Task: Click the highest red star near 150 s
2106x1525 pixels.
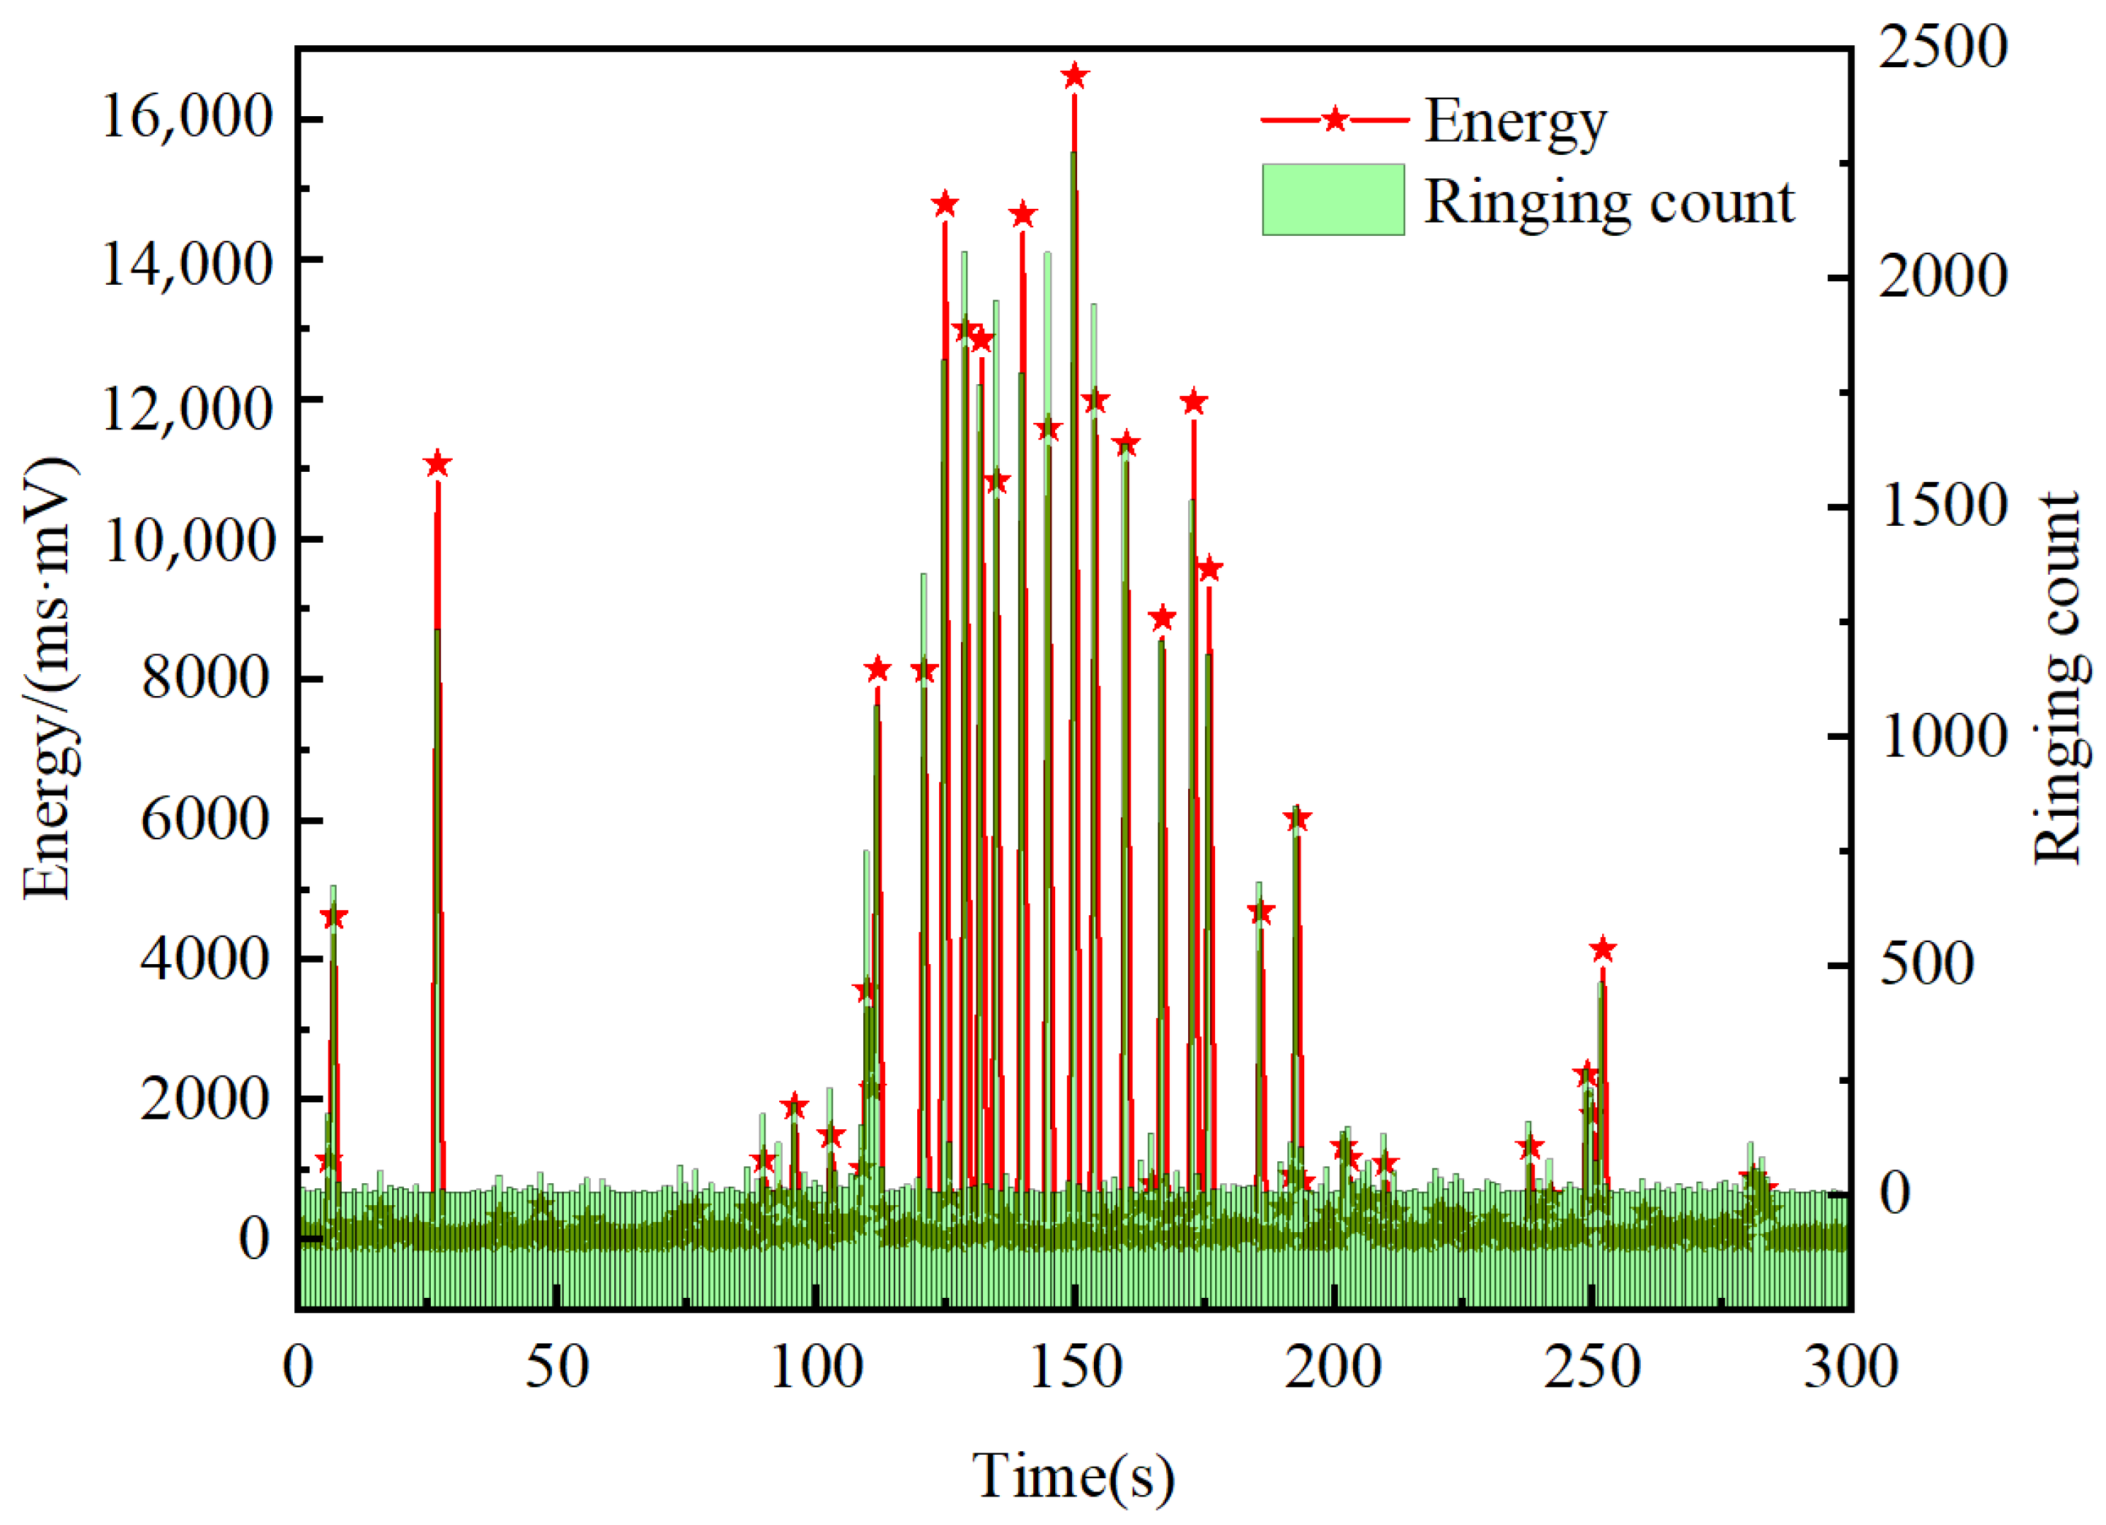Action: tap(1074, 76)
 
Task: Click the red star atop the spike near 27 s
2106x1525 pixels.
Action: tap(437, 465)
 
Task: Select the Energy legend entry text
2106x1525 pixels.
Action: tap(1515, 123)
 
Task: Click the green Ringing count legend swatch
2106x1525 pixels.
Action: tap(1333, 199)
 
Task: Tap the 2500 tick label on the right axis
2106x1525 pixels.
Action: tap(1942, 47)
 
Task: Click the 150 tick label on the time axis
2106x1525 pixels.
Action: tap(1076, 1368)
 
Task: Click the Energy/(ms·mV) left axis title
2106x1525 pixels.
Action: tap(48, 678)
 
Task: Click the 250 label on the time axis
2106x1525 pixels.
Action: tap(1592, 1368)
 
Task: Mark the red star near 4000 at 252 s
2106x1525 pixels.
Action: tap(1602, 949)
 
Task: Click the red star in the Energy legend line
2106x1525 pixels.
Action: tap(1334, 120)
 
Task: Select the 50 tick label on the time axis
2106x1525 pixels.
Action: tap(556, 1368)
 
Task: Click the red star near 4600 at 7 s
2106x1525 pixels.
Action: tap(334, 917)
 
